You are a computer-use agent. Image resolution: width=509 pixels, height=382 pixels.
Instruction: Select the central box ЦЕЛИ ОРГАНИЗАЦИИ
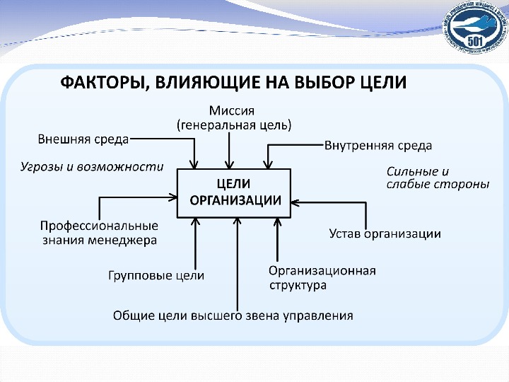(x=233, y=192)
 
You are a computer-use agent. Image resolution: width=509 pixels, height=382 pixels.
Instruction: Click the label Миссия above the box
(x=232, y=111)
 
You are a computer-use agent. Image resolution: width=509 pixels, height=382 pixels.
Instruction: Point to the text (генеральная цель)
(x=233, y=125)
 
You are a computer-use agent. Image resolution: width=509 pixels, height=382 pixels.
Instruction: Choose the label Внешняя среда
(x=83, y=139)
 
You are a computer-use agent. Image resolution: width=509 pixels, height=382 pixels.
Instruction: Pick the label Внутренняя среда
(x=378, y=146)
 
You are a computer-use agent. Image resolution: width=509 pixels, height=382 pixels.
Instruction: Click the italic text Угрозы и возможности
(x=90, y=167)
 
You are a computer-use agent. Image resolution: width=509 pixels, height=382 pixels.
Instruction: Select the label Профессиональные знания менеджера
(x=98, y=233)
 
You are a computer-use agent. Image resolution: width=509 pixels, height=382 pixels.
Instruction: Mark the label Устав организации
(x=385, y=233)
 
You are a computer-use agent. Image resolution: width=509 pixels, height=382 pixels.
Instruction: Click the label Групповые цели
(x=156, y=276)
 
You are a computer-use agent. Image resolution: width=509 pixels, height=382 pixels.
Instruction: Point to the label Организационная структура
(x=322, y=277)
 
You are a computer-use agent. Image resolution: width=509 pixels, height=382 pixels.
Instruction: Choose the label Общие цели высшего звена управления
(x=233, y=315)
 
